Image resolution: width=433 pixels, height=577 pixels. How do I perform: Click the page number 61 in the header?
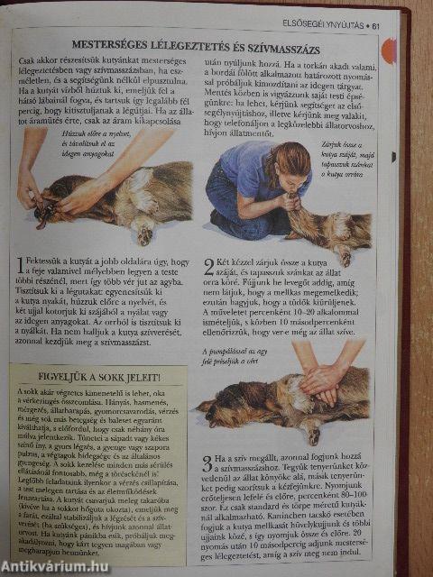tap(376, 24)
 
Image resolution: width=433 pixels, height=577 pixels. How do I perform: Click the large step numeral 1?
tap(22, 265)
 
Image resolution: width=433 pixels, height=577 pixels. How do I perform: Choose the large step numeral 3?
tap(207, 464)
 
